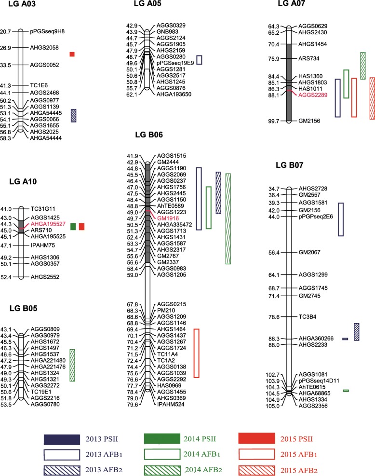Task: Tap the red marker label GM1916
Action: click(167, 218)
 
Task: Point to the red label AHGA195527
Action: click(46, 224)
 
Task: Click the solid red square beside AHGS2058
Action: click(72, 54)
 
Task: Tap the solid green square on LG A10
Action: click(73, 226)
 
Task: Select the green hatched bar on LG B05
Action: click(72, 365)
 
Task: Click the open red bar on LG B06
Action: click(196, 353)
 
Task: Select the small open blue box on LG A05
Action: click(199, 60)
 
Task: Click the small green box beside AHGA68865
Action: click(346, 390)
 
